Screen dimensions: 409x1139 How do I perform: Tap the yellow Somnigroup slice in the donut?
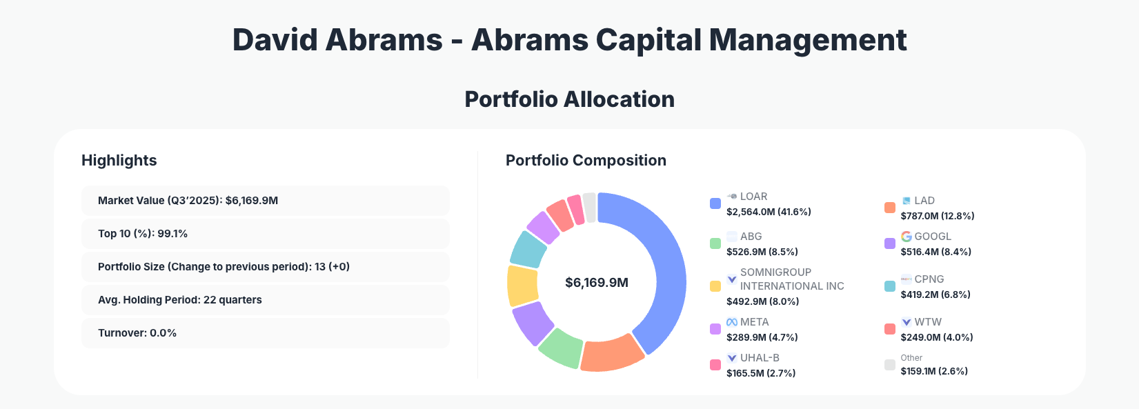(x=522, y=286)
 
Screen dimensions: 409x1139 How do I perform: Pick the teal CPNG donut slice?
(x=528, y=249)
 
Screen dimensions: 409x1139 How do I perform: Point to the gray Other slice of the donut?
(x=590, y=207)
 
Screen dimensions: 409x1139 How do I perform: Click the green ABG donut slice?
(x=561, y=346)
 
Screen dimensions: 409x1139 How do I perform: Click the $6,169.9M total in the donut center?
(x=597, y=283)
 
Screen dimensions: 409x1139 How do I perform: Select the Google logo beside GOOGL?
(x=907, y=237)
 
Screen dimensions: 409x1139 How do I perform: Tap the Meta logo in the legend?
(x=732, y=322)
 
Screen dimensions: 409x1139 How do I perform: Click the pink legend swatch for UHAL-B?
(x=715, y=365)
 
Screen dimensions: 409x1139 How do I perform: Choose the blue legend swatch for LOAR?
(x=715, y=203)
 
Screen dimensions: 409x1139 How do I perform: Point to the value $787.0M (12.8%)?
(x=938, y=216)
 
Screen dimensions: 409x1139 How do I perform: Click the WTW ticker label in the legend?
(x=928, y=322)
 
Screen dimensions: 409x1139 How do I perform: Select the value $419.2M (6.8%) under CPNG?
(x=935, y=295)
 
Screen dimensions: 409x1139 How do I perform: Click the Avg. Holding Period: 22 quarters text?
(x=180, y=300)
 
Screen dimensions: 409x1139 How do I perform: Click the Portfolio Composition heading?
(x=586, y=161)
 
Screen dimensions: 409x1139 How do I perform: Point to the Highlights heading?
(x=119, y=161)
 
